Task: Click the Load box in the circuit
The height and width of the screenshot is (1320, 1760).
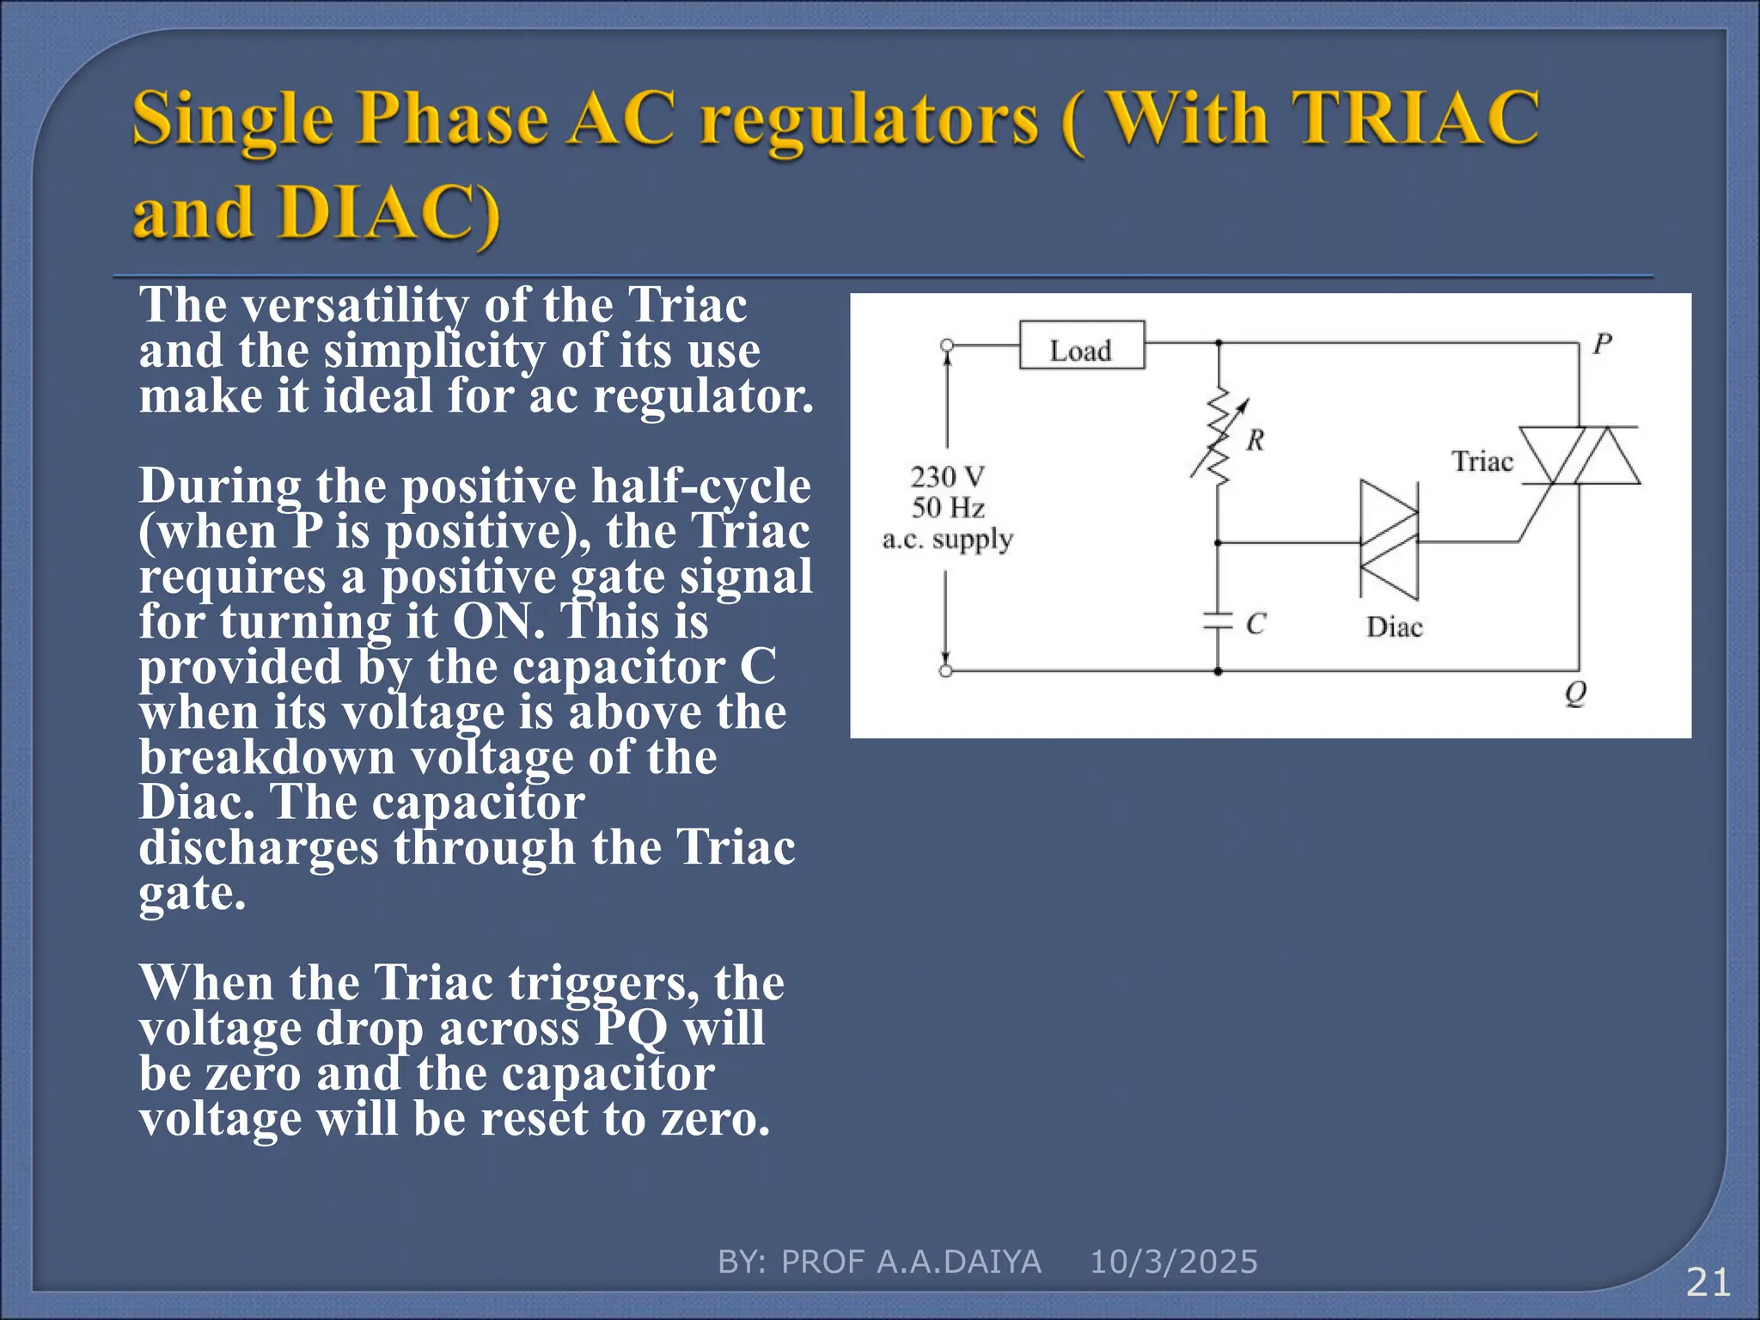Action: coord(1081,345)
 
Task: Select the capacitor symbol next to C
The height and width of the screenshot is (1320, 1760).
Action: coord(1218,621)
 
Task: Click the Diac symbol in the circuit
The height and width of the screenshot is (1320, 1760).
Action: coord(1388,541)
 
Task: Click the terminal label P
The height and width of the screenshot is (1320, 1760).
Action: coord(1602,345)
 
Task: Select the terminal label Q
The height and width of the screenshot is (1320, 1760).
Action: coord(1575,693)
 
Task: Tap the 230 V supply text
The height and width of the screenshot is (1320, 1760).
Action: coord(947,476)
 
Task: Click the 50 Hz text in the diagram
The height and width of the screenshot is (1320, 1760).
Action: coord(947,508)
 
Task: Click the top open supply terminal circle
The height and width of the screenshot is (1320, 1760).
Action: coord(946,345)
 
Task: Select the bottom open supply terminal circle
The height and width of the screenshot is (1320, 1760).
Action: coord(945,671)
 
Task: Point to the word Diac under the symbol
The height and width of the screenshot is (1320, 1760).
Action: coord(1394,627)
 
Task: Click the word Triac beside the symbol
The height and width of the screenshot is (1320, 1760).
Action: coord(1482,461)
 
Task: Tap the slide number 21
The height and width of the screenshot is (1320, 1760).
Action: coord(1708,1283)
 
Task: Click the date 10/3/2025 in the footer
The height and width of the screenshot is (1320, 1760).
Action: coord(1173,1262)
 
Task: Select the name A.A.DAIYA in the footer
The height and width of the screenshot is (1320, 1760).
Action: coord(958,1262)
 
